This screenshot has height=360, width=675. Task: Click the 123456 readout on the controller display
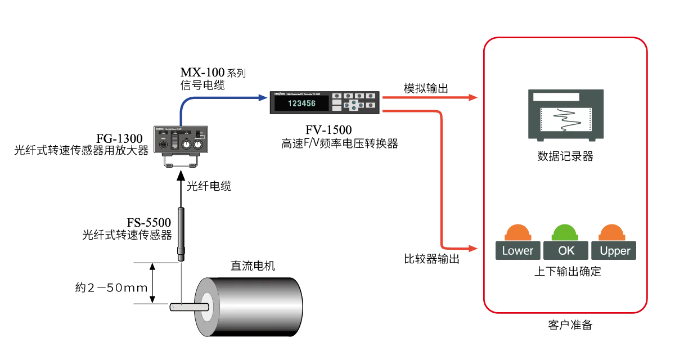(301, 103)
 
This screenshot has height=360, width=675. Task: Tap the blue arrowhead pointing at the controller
(262, 97)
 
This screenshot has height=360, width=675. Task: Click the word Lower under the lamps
(517, 251)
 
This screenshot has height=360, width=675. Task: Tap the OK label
(566, 251)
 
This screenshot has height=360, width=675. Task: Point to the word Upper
(615, 251)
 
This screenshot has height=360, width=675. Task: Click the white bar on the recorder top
(556, 97)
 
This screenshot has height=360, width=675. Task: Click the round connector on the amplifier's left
(163, 145)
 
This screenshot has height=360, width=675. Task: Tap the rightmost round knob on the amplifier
(197, 145)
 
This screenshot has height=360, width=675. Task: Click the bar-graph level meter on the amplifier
(174, 141)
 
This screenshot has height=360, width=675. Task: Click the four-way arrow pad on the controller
(353, 105)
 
